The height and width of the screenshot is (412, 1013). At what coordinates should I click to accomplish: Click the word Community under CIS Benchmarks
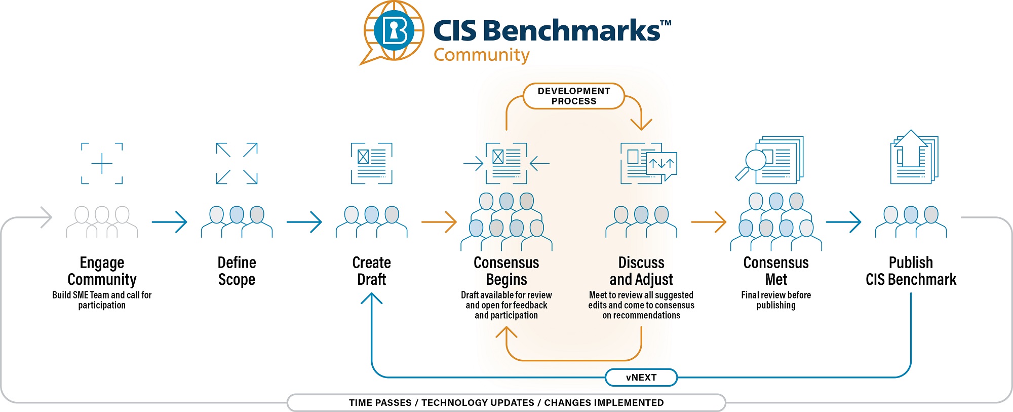tap(481, 55)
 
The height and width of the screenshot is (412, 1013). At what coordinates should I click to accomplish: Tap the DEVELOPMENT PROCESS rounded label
tap(573, 96)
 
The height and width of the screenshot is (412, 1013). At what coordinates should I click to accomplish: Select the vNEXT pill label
tap(641, 378)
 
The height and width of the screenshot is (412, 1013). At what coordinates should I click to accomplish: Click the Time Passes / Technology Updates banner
tap(506, 403)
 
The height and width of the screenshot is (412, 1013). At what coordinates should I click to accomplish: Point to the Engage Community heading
tap(102, 271)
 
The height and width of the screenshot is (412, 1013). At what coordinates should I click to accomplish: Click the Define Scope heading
tap(237, 271)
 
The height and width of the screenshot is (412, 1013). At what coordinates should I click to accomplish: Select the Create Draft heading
tap(371, 271)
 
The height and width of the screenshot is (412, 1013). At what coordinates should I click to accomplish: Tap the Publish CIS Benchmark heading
tap(911, 271)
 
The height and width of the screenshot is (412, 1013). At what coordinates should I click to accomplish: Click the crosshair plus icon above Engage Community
tap(102, 163)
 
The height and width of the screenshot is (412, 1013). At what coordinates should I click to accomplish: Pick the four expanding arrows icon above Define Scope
tap(237, 163)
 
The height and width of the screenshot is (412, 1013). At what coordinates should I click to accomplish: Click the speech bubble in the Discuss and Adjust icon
tap(661, 165)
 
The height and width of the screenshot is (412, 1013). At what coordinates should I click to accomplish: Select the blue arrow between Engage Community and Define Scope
tap(170, 222)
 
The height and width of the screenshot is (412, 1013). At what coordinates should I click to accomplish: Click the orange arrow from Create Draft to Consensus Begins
tap(439, 222)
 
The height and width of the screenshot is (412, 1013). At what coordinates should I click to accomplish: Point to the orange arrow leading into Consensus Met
tap(709, 222)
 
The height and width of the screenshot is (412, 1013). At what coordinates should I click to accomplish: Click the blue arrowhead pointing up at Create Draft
tap(372, 298)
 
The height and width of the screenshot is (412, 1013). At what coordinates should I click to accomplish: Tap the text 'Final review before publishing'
tap(776, 300)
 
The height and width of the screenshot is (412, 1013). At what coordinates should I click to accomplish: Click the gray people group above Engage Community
tap(102, 222)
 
